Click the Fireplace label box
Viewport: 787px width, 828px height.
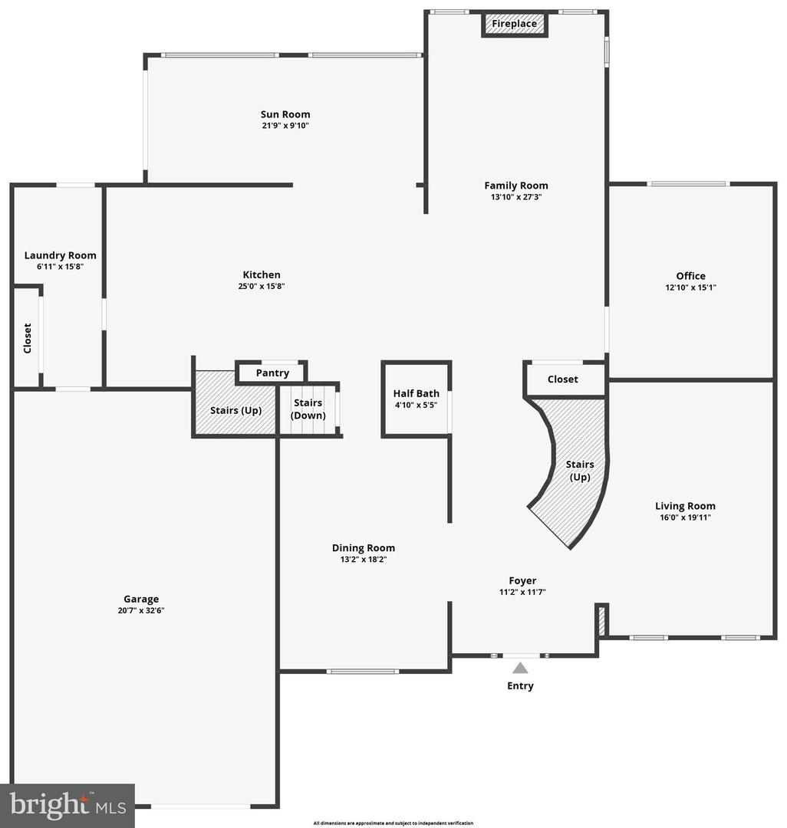click(x=514, y=24)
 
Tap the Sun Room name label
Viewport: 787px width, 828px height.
click(x=285, y=114)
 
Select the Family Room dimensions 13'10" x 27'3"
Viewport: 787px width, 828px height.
click(x=515, y=197)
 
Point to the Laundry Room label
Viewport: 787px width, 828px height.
click(x=60, y=255)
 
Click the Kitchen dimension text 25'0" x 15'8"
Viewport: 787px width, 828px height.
click(x=262, y=287)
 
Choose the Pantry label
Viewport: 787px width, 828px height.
click(x=272, y=373)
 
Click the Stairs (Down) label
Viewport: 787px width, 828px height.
click(x=308, y=409)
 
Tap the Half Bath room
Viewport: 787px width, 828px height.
click(x=416, y=399)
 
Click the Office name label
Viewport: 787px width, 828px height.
click(x=690, y=276)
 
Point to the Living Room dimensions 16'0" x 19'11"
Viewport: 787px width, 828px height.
click(x=685, y=517)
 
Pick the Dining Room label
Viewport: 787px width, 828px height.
click(x=363, y=547)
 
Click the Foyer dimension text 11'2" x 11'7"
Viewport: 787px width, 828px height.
click(x=522, y=592)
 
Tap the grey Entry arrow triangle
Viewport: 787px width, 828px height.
click(x=520, y=668)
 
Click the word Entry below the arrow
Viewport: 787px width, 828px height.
click(x=520, y=685)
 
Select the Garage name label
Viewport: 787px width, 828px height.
click(x=141, y=599)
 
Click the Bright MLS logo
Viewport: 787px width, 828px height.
click(x=67, y=805)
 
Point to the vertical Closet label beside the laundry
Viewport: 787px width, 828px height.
click(x=28, y=338)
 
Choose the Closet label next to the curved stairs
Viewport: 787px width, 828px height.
click(x=562, y=379)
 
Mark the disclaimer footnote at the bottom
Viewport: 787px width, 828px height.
click(x=393, y=823)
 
